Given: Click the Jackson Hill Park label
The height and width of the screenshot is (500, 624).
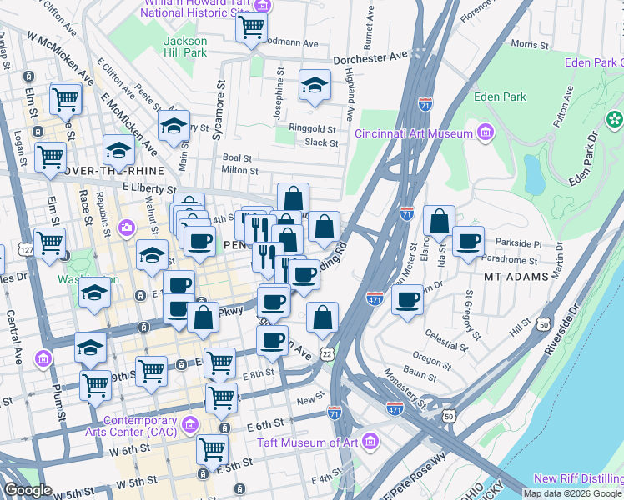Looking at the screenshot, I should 184,47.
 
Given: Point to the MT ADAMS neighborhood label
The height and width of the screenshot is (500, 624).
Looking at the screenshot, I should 517,276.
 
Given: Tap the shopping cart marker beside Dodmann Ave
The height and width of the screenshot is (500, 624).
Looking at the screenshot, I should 251,27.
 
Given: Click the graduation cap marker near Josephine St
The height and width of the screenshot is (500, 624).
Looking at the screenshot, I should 315,87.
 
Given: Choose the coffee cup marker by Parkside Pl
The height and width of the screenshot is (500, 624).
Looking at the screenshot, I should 469,241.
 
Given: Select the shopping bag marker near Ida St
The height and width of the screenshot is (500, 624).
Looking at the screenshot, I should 439,222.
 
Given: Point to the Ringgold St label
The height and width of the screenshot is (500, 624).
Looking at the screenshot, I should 312,129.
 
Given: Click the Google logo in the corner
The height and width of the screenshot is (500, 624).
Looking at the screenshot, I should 28,490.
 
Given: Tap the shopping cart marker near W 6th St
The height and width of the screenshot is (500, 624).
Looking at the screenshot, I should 213,449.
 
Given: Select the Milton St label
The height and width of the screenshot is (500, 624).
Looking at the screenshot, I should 240,170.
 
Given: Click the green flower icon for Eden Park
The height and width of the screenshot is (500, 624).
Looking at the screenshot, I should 616,120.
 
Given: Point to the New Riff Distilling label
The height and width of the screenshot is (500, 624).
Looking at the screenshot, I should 578,477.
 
